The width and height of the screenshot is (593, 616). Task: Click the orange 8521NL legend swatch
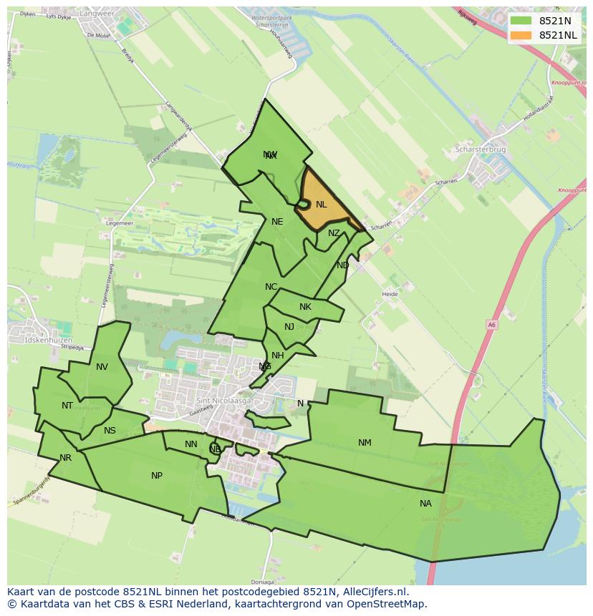[x=521, y=35]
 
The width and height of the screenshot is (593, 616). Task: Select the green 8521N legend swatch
[x=521, y=21]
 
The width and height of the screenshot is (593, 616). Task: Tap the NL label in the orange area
[x=321, y=205]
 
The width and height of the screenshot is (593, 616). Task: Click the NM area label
[x=365, y=443]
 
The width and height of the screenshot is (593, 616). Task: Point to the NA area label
[x=425, y=504]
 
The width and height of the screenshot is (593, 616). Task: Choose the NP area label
[x=157, y=476]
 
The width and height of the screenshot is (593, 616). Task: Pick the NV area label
[x=102, y=367]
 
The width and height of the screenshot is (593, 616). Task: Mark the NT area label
[x=67, y=406]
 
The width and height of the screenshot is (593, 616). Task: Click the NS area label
[x=110, y=431]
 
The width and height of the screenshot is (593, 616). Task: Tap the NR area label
[x=66, y=458]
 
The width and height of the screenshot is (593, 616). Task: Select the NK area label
[x=305, y=307]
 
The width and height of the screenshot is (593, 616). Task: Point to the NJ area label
[x=289, y=327]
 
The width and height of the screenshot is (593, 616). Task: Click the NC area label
[x=271, y=287]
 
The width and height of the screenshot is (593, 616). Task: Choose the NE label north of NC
[x=277, y=222]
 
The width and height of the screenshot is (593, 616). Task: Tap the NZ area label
[x=334, y=233]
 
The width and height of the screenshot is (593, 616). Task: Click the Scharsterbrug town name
[x=481, y=150]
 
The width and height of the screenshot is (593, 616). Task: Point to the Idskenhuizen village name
[x=49, y=340]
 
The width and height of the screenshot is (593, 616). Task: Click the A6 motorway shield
[x=491, y=324]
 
